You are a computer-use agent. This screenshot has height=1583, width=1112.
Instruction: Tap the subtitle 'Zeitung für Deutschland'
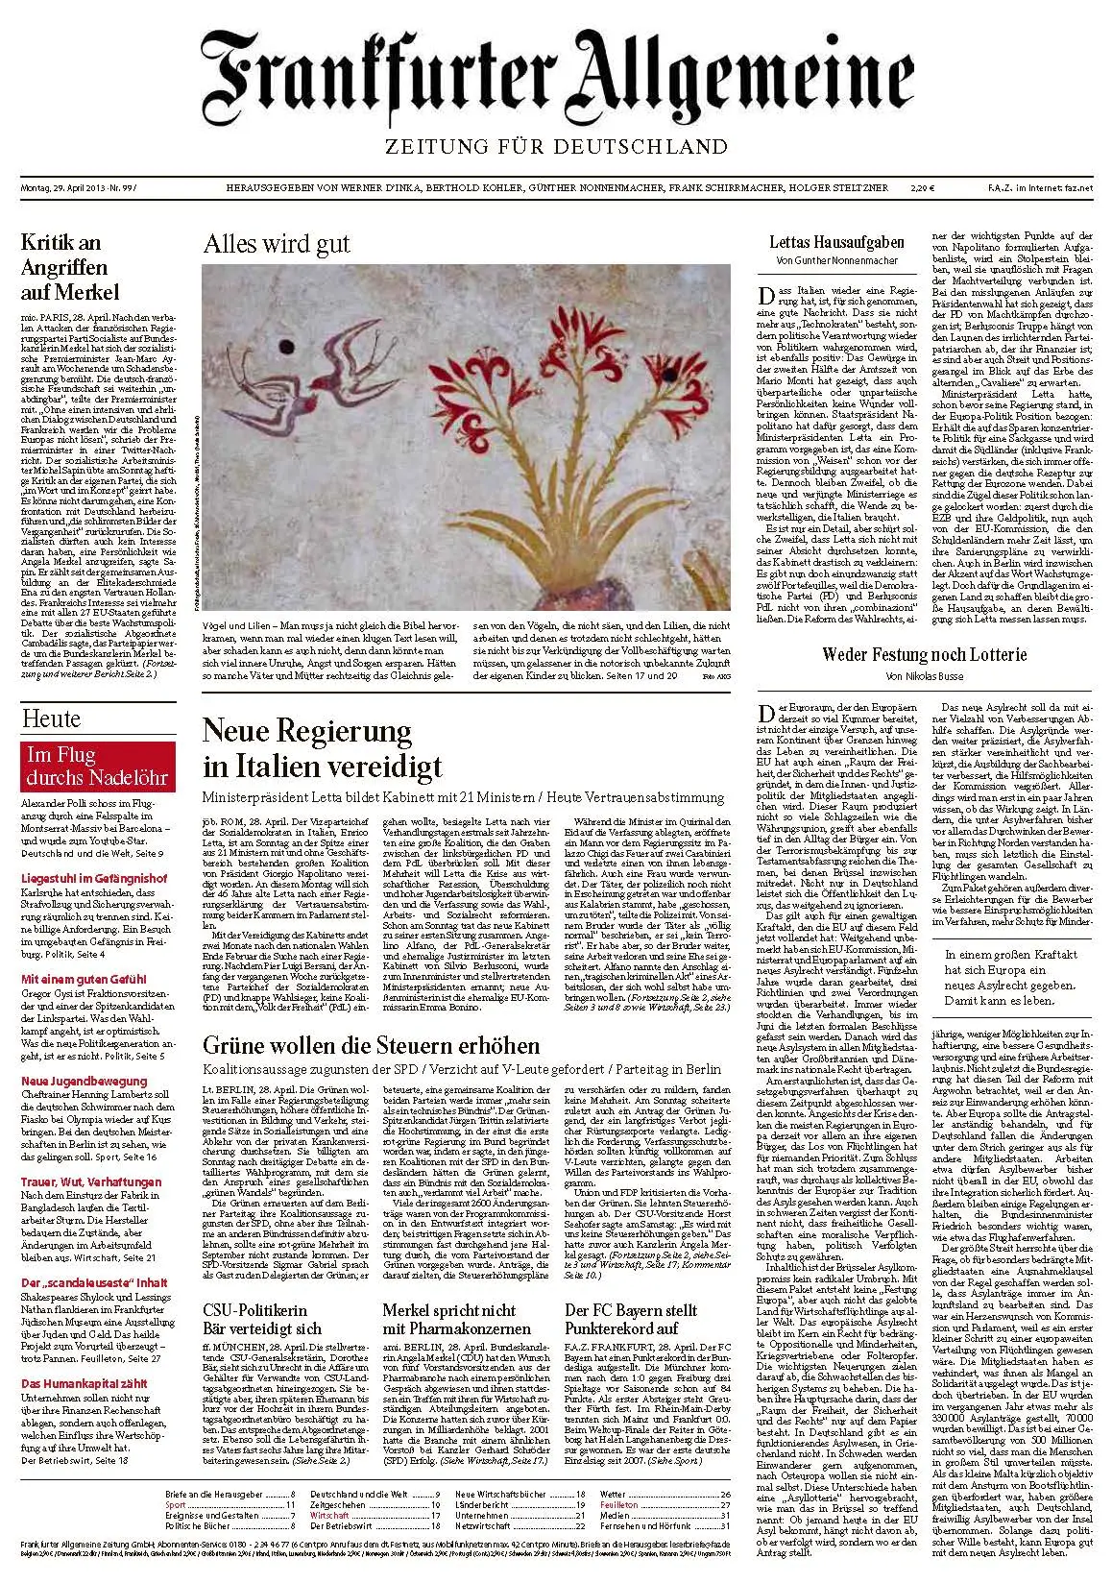pyautogui.click(x=556, y=146)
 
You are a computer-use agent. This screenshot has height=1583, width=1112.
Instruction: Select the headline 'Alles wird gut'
pyautogui.click(x=276, y=243)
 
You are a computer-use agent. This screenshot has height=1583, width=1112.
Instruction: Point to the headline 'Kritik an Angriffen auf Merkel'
pyautogui.click(x=70, y=267)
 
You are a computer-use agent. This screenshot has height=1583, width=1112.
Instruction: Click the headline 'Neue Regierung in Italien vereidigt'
pyautogui.click(x=322, y=747)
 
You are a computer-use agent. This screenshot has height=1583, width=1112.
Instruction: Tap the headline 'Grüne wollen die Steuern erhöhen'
pyautogui.click(x=371, y=1045)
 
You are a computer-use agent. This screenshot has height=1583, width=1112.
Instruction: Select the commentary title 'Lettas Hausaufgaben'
pyautogui.click(x=836, y=242)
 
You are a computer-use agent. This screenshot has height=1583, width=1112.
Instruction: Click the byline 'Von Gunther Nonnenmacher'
pyautogui.click(x=836, y=260)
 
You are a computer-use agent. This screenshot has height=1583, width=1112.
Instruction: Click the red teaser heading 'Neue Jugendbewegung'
pyautogui.click(x=85, y=1081)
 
